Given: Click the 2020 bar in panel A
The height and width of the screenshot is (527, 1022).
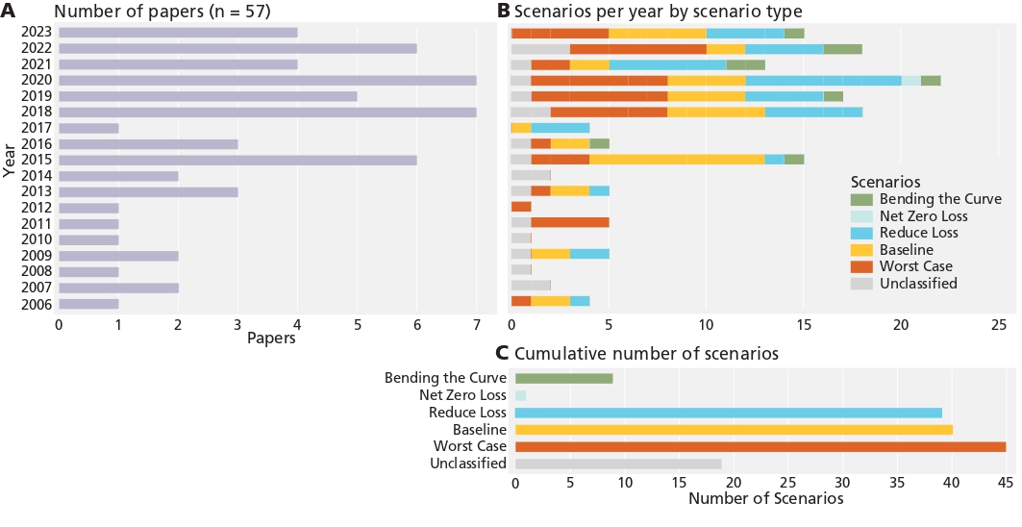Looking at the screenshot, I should [267, 80].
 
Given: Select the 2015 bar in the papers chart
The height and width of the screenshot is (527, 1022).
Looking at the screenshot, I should [237, 160].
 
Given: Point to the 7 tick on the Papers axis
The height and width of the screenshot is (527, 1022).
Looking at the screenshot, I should [476, 324].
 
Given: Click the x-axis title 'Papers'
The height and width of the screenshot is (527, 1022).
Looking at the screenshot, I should [270, 339].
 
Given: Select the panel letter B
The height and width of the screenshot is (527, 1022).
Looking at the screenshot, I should [503, 11].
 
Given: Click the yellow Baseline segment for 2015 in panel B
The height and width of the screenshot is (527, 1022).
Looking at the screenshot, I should [676, 160].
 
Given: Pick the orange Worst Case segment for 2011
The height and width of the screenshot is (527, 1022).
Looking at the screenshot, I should [570, 223].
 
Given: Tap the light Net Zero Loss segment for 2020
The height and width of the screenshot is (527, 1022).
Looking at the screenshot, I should [910, 80].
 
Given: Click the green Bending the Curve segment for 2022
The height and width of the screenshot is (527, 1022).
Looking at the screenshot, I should [842, 48].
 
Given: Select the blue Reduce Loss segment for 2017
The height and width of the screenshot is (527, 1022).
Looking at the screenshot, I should [560, 128].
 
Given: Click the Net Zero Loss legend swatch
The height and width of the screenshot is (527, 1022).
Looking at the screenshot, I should [862, 216].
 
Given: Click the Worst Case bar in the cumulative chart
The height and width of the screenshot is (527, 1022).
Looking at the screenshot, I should [760, 446].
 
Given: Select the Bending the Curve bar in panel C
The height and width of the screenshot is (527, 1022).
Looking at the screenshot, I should [563, 378].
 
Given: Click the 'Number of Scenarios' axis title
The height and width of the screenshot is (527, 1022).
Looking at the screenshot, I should [765, 499].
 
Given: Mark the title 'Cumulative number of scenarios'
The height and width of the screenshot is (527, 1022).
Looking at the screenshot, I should [646, 353].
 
